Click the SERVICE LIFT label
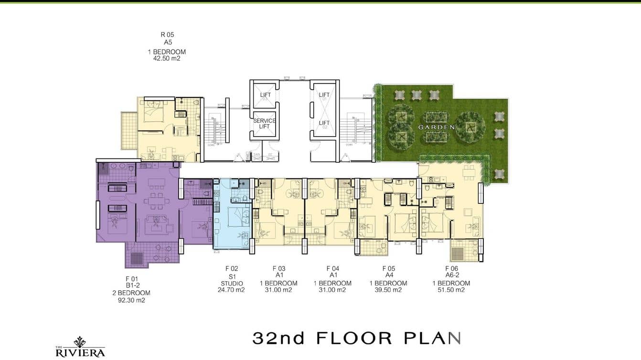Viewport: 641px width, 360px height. tap(264, 123)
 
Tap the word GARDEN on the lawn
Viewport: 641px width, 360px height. tap(436, 127)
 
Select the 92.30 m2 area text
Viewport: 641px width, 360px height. tap(131, 300)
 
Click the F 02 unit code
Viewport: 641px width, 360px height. tap(231, 269)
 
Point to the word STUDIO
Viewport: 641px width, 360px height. tap(231, 283)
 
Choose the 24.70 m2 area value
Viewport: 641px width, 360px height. tap(231, 290)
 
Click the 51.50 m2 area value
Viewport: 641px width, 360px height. tap(451, 290)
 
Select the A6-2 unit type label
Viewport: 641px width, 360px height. tap(451, 276)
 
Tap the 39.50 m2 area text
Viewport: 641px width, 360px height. tap(388, 290)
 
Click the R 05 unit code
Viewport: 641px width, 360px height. tap(167, 34)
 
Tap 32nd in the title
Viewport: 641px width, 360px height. tap(278, 339)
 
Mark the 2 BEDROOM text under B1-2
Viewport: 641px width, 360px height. tap(131, 293)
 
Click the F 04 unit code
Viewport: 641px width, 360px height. tap(332, 269)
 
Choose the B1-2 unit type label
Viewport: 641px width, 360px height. tap(131, 286)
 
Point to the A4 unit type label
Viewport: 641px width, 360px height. tap(388, 276)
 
